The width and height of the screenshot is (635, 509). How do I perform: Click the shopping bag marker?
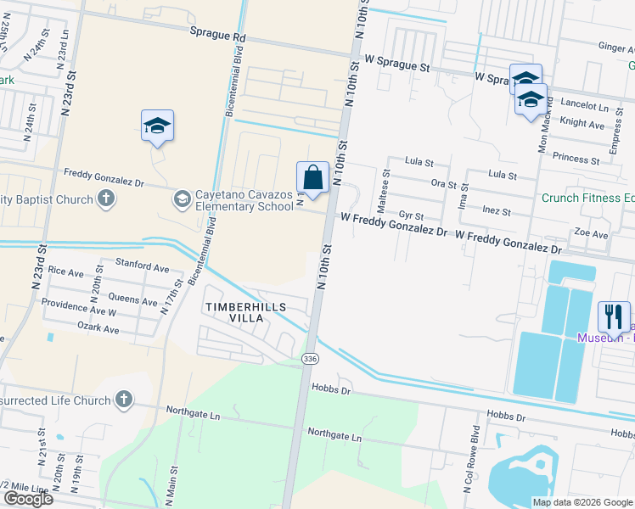click(312, 178)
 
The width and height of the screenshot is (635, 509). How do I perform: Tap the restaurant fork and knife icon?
click(614, 316)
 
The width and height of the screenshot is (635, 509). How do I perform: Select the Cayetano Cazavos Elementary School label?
click(244, 200)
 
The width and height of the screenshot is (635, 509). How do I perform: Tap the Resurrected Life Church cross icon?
click(123, 400)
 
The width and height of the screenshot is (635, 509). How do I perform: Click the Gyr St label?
click(411, 216)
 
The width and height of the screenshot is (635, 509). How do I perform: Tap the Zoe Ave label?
click(591, 233)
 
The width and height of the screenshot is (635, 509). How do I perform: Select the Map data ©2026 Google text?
click(582, 501)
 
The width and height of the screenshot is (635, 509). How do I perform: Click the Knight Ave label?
click(582, 124)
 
